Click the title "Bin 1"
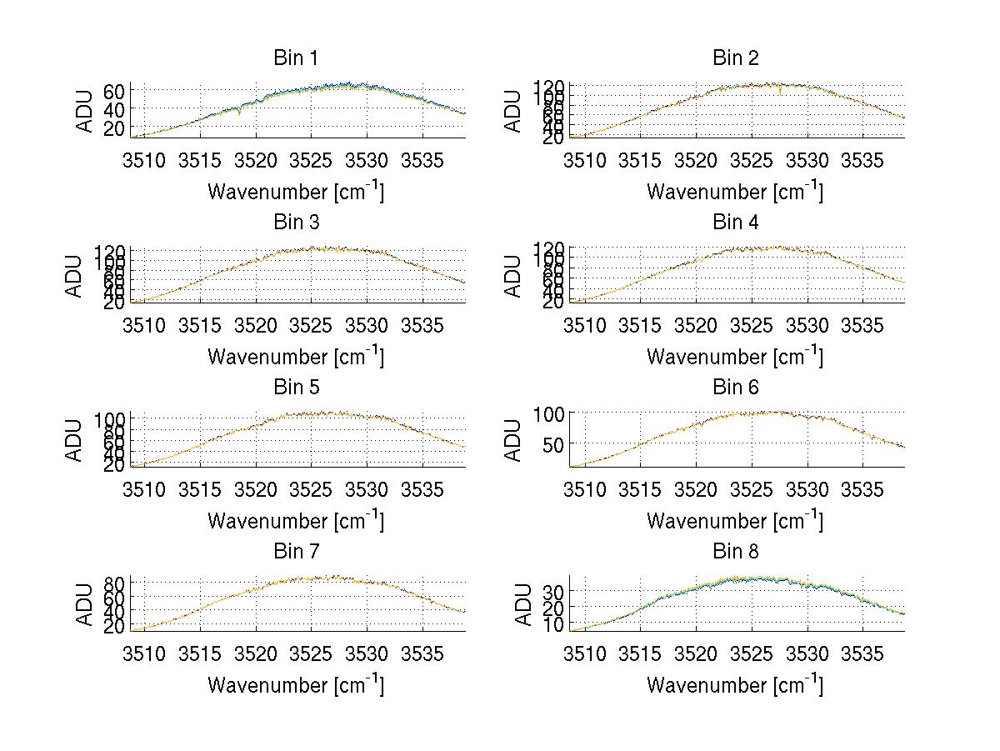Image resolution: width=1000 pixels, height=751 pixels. click(295, 58)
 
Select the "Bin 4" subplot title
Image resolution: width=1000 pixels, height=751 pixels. click(735, 223)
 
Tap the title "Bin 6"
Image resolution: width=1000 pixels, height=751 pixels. click(735, 387)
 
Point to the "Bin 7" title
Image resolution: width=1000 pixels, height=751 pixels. click(295, 551)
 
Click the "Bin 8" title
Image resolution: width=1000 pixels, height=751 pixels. click(735, 551)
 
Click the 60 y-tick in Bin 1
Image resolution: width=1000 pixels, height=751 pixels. click(114, 91)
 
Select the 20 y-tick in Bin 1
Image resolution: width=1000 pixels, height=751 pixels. click(114, 127)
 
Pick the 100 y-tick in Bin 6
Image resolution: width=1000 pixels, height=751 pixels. click(547, 413)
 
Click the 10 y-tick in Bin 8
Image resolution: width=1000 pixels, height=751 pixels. click(553, 623)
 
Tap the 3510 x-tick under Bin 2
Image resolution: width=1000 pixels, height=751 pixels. click(585, 158)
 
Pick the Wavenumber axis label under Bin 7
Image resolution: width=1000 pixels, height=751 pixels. click(295, 685)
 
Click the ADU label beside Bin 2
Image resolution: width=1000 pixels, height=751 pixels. click(514, 112)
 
